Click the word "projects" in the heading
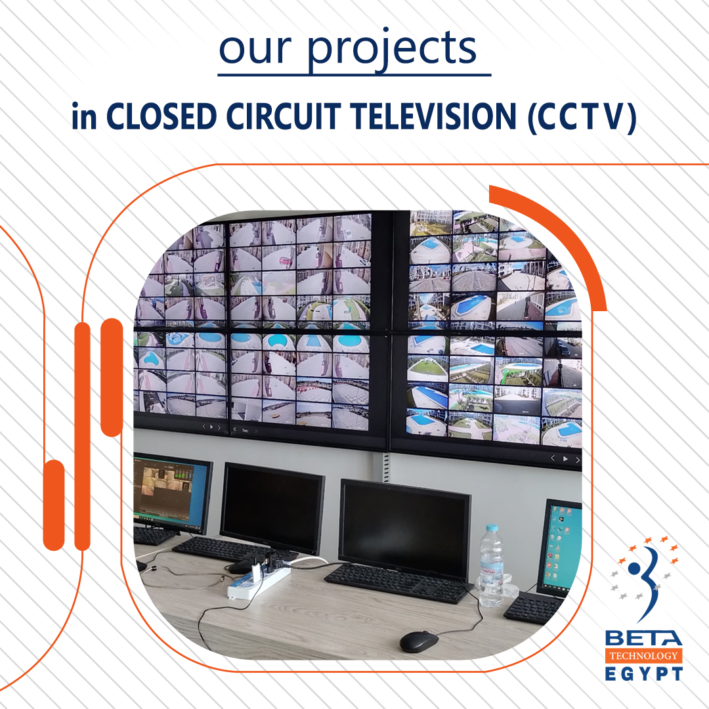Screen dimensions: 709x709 (392, 50)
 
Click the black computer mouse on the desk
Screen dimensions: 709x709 (418, 641)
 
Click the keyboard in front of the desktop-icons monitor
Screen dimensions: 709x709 (533, 609)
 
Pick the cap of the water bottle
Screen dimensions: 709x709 (491, 528)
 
